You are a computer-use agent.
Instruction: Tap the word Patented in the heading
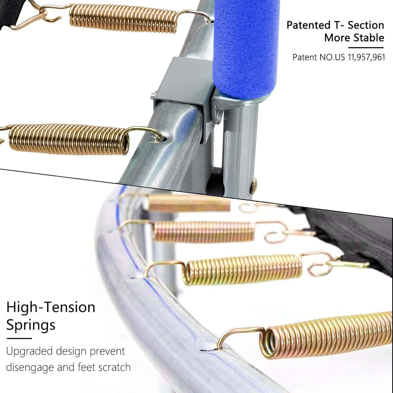click(309, 25)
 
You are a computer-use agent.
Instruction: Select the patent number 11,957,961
click(366, 58)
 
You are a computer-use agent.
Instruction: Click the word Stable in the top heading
click(369, 38)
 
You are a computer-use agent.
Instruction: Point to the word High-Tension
click(51, 307)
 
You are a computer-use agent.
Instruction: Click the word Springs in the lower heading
click(31, 325)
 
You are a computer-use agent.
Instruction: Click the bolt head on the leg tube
click(254, 186)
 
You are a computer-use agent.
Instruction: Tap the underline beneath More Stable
click(366, 47)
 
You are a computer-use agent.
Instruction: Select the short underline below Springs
click(19, 339)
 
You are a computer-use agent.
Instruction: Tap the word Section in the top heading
click(366, 25)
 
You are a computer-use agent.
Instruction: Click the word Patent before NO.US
click(305, 58)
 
